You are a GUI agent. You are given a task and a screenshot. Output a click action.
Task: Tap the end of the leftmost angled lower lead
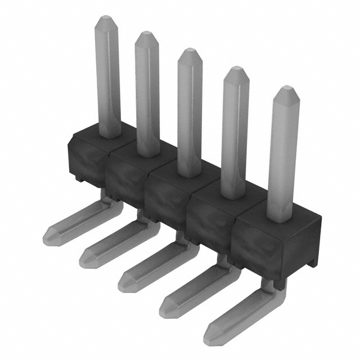click(49, 232)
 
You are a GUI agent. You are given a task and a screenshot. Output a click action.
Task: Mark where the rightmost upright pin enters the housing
click(281, 218)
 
